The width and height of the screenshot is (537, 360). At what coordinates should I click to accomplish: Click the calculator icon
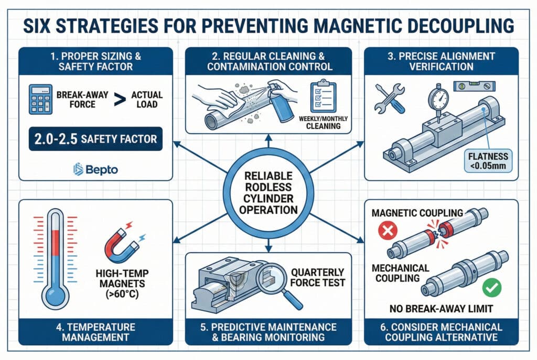pos(41,99)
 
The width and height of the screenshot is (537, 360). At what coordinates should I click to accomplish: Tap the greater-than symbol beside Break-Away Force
pos(120,100)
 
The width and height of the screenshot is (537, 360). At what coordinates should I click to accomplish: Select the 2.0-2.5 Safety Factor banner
pos(95,139)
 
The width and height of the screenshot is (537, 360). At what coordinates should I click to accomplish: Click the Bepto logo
pos(95,169)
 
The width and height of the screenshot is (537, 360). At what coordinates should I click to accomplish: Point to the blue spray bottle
pos(282,102)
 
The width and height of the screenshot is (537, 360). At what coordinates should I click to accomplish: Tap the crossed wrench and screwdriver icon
pos(390,99)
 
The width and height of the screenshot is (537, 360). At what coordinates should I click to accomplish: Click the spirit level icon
pos(474,86)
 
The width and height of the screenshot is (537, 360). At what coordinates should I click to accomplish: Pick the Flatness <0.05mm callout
pos(488,161)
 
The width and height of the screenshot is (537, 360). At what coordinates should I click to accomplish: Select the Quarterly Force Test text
pos(317,278)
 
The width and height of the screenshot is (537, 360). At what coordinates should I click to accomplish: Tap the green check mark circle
pos(492,288)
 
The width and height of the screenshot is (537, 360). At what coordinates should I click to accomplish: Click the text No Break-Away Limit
pos(441,309)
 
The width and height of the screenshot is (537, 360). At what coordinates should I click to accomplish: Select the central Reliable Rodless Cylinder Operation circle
pos(268,193)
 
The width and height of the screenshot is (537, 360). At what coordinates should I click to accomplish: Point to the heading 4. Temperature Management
pos(95,332)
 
